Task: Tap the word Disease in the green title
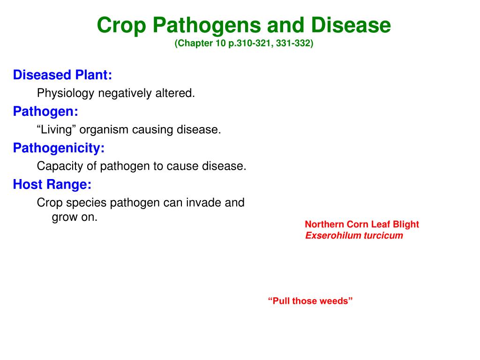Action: pyautogui.click(x=351, y=25)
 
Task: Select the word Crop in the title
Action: pyautogui.click(x=121, y=26)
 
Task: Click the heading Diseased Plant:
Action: pyautogui.click(x=62, y=75)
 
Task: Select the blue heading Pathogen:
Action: pyautogui.click(x=45, y=112)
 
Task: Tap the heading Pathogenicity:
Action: pyautogui.click(x=59, y=148)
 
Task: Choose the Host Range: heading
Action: pyautogui.click(x=52, y=185)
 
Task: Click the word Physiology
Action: pyautogui.click(x=66, y=93)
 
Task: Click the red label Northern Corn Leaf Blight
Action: pyautogui.click(x=362, y=225)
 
